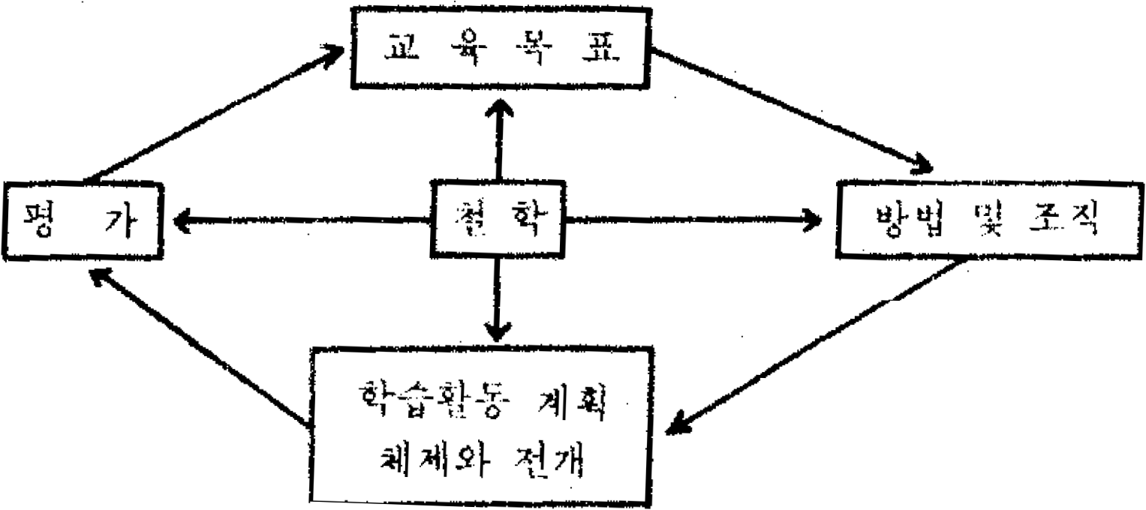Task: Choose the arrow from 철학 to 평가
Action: pos(300,220)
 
